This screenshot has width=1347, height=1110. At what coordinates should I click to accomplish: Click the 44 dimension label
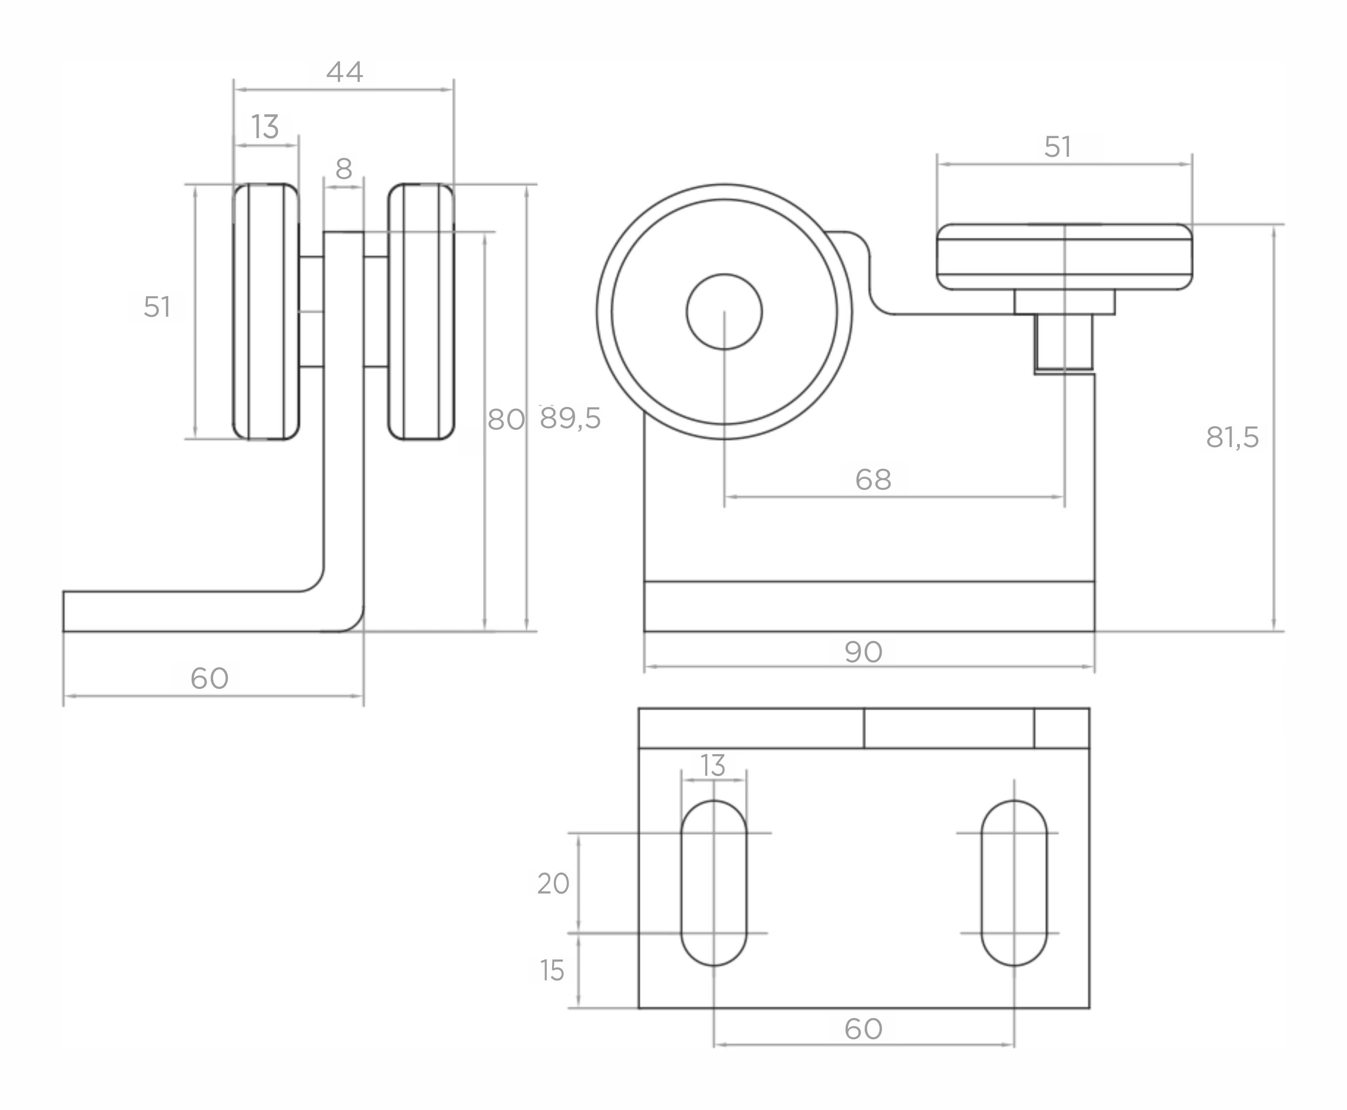pyautogui.click(x=345, y=72)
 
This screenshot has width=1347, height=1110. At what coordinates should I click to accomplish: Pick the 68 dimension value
pyautogui.click(x=873, y=479)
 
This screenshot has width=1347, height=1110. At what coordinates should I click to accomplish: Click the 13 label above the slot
pyautogui.click(x=713, y=765)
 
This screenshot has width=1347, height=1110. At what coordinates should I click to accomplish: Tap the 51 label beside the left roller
pyautogui.click(x=157, y=307)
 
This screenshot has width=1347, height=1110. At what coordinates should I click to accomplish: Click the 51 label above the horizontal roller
pyautogui.click(x=1057, y=147)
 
